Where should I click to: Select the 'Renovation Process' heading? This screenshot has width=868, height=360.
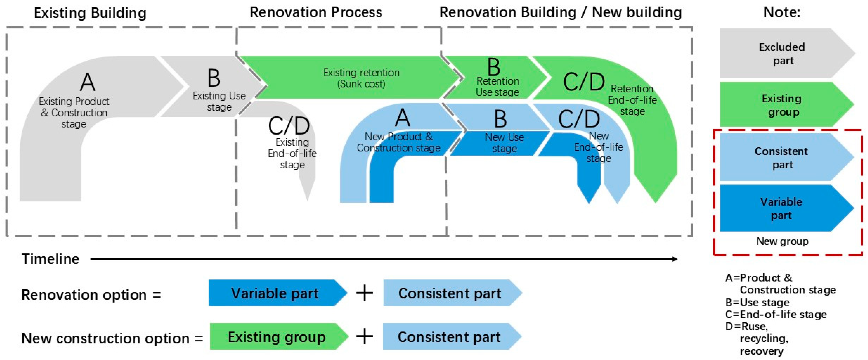coord(316,13)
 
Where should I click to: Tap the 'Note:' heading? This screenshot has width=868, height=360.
coord(781,13)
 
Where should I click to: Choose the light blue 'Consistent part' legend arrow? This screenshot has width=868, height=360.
coord(782,157)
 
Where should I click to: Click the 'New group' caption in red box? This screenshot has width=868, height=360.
coord(782,241)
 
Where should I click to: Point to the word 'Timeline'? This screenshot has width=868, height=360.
coord(51,259)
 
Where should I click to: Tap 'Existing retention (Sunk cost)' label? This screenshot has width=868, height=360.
coord(361,78)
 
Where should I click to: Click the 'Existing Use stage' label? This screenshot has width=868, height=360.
coord(219,101)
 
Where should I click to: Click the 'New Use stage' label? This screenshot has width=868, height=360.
coord(504,143)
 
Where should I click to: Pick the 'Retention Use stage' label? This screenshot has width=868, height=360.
coord(497,86)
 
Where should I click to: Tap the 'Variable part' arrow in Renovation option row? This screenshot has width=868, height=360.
coord(275,293)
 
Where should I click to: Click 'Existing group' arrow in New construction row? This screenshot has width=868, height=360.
coord(277,337)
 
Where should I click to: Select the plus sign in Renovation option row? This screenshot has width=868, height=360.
coord(365,293)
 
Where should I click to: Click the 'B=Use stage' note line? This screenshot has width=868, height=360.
coord(757,302)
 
